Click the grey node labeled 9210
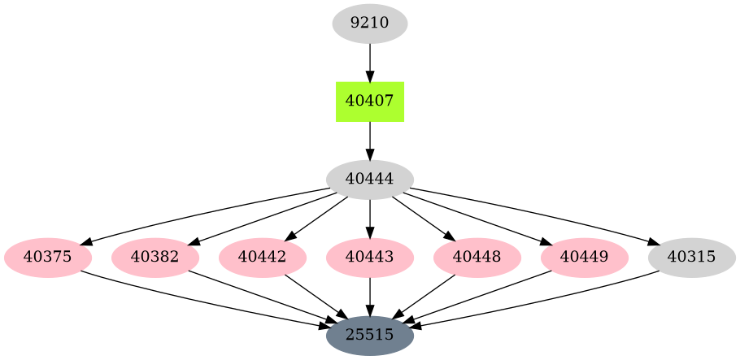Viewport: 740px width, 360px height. click(x=370, y=23)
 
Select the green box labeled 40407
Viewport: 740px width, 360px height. click(x=370, y=102)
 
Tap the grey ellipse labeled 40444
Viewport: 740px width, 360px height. click(x=370, y=180)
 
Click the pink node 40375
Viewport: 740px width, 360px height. click(x=48, y=258)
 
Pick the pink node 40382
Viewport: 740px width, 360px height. click(x=155, y=258)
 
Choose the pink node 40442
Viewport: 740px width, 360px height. click(x=263, y=258)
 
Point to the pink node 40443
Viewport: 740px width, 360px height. click(x=370, y=258)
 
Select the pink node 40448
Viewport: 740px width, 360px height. click(x=477, y=258)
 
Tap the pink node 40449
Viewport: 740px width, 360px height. click(x=585, y=258)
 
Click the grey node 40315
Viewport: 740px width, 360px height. click(x=692, y=258)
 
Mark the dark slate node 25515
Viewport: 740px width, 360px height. click(x=370, y=335)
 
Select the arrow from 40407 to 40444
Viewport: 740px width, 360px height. click(x=370, y=141)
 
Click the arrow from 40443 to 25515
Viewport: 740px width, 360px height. click(x=370, y=296)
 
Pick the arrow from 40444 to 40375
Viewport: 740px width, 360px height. click(x=203, y=213)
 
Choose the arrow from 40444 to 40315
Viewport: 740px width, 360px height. click(x=537, y=213)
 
